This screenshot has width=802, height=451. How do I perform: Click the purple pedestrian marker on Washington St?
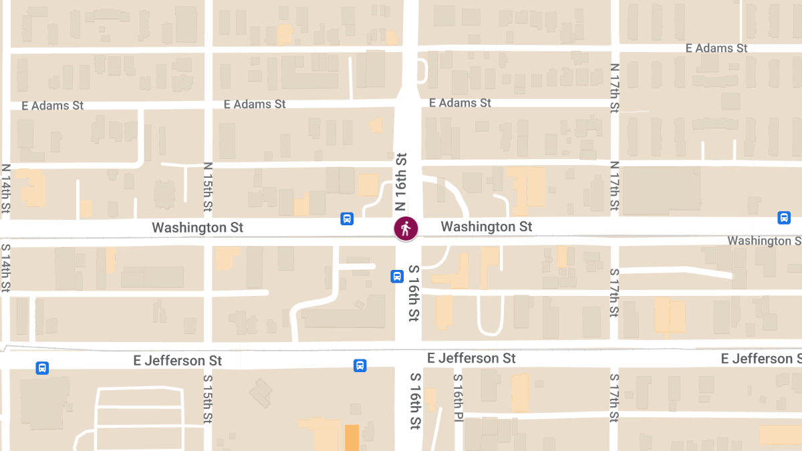click(x=405, y=229)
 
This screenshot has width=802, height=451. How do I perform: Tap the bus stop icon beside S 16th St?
click(x=396, y=276)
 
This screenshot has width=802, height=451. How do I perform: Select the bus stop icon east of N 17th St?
click(x=783, y=218)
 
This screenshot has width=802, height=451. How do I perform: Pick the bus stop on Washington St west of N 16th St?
click(x=347, y=218)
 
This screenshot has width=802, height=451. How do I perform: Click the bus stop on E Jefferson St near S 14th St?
click(x=42, y=368)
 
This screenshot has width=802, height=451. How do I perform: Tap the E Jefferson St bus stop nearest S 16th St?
click(x=360, y=365)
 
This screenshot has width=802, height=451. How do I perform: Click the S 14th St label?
click(x=6, y=267)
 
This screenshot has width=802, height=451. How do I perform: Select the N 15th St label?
click(x=208, y=186)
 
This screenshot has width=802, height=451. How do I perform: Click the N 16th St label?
click(x=401, y=182)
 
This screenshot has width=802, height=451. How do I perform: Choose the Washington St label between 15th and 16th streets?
click(x=198, y=227)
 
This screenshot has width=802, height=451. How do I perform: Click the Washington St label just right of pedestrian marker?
click(x=487, y=227)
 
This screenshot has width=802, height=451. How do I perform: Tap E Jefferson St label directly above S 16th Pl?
click(x=471, y=358)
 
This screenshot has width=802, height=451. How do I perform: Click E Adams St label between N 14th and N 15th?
click(x=52, y=106)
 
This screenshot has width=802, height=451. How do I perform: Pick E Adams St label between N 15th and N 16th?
click(x=255, y=104)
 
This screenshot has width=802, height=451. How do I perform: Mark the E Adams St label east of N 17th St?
click(x=716, y=48)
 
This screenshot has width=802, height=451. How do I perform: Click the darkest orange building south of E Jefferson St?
click(x=352, y=437)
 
